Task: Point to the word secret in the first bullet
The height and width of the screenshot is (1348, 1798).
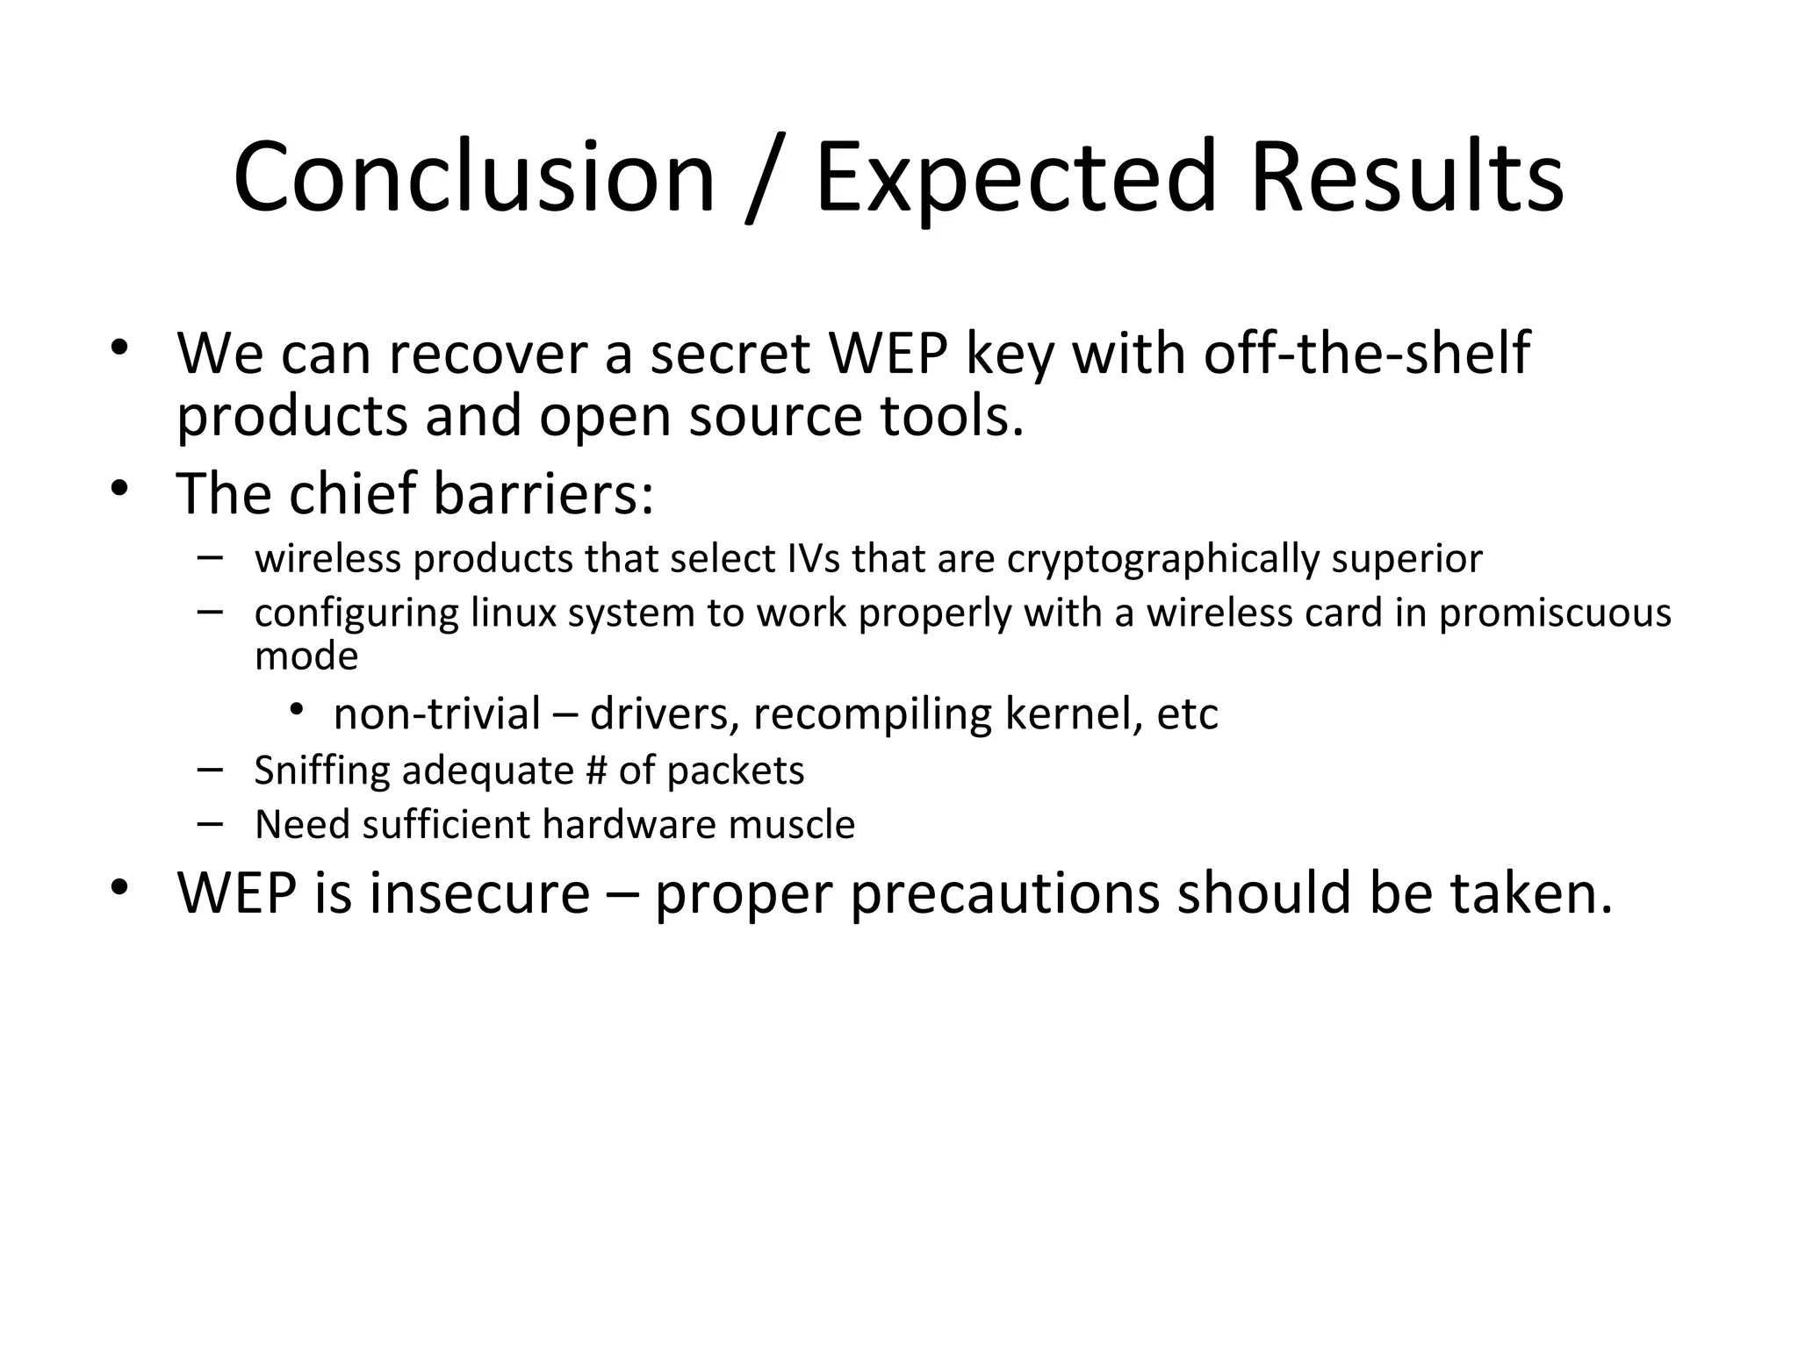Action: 729,354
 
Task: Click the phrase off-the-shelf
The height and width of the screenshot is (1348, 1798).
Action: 1366,354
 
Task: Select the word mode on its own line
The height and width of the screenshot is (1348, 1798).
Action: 306,656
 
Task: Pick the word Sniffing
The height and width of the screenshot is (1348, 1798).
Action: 321,771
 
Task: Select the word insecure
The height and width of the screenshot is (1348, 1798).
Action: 479,893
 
